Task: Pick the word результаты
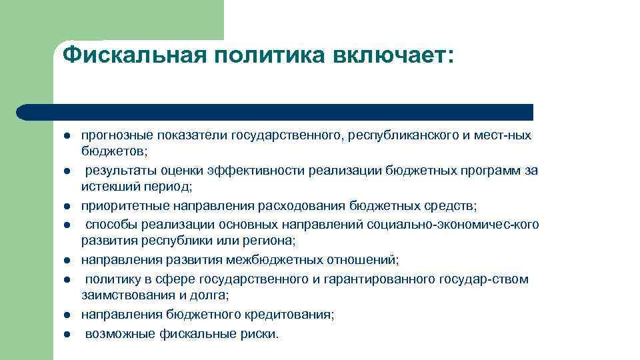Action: click(x=115, y=170)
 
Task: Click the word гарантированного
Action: click(x=375, y=279)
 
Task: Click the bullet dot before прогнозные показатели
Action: click(x=67, y=136)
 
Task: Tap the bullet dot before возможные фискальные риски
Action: click(x=67, y=335)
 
